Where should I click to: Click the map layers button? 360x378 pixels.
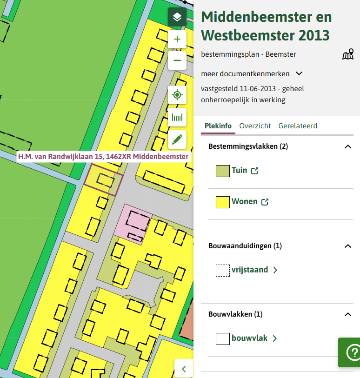point(177,17)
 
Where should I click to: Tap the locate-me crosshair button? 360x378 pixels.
point(177,95)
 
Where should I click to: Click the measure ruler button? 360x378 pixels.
point(177,118)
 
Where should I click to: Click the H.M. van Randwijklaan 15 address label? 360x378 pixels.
point(103,157)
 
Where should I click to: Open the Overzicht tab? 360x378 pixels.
point(255,126)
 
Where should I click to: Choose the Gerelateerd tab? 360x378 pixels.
point(298,126)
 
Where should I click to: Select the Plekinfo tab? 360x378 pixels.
point(218,126)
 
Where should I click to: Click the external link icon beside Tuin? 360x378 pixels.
point(254,171)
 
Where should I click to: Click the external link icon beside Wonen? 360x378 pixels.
point(265,202)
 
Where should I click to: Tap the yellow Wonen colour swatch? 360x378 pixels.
point(223,202)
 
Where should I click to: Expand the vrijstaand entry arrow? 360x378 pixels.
point(275,270)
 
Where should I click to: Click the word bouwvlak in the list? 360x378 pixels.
point(249,338)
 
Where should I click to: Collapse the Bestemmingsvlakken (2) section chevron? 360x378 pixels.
point(347,146)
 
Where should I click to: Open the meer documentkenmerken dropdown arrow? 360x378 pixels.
point(299,73)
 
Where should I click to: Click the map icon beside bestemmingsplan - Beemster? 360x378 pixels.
point(348,54)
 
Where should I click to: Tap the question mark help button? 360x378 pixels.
point(352,353)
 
